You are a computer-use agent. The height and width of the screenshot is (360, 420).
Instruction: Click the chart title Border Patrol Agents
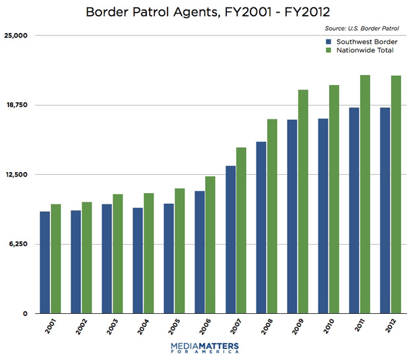pyautogui.click(x=210, y=11)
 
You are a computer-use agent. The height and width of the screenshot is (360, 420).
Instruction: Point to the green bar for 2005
pyautogui.click(x=180, y=251)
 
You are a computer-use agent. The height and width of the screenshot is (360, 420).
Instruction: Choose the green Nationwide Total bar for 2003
pyautogui.click(x=118, y=254)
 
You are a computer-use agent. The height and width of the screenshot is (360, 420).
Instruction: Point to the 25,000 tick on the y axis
pyautogui.click(x=18, y=36)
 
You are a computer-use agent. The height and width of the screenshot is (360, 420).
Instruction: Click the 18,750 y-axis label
pyautogui.click(x=18, y=105)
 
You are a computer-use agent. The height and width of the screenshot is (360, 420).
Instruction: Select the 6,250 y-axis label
pyautogui.click(x=20, y=245)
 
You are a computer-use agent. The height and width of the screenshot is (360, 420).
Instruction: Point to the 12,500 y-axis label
pyautogui.click(x=18, y=175)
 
